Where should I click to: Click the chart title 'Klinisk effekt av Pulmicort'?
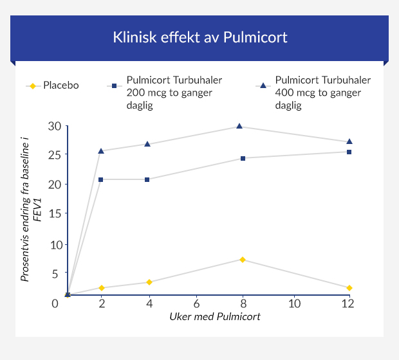point(199,37)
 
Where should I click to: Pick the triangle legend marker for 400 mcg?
point(263,85)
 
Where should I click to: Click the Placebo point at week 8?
point(243,260)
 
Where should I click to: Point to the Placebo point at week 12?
point(349,288)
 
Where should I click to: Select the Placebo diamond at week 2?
point(101,288)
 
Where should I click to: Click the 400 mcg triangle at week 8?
point(239,127)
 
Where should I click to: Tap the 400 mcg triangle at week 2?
point(101,151)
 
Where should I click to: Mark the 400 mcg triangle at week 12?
point(349,141)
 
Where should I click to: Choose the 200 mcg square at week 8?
point(243,158)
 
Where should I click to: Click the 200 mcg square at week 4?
point(147,179)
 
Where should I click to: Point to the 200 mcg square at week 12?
point(349,152)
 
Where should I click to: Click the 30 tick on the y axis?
point(55,126)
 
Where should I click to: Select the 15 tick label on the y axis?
point(55,213)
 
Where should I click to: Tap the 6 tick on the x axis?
point(196,303)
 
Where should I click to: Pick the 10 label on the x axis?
point(294,303)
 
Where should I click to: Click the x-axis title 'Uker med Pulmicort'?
point(215,317)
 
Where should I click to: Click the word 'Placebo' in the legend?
point(61,85)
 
